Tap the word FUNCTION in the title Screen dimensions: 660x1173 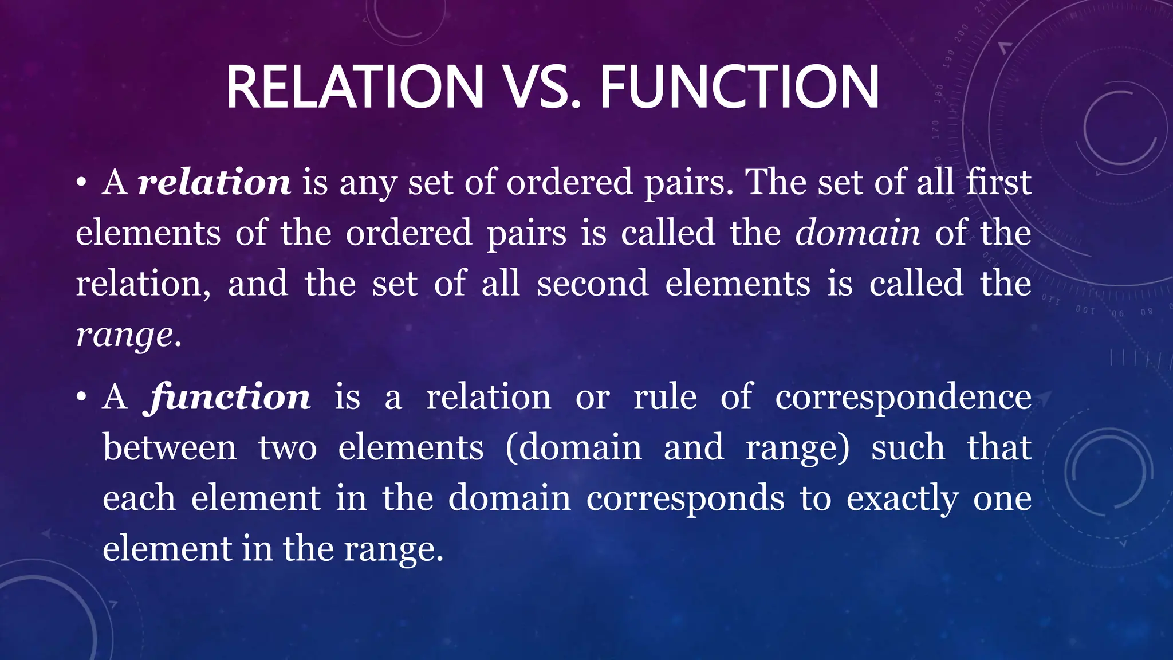(739, 87)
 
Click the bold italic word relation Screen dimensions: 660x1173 (214, 182)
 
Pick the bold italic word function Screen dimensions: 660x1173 (229, 396)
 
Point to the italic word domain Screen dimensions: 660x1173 (857, 233)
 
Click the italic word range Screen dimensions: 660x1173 (125, 335)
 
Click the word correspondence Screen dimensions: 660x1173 (903, 398)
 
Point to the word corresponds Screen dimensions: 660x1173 (686, 498)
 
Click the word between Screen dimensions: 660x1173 (170, 447)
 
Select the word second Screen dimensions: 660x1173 (592, 284)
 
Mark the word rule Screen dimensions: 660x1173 (665, 397)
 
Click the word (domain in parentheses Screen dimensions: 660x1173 (573, 447)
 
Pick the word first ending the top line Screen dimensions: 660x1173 (998, 182)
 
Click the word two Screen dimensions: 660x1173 (287, 447)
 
